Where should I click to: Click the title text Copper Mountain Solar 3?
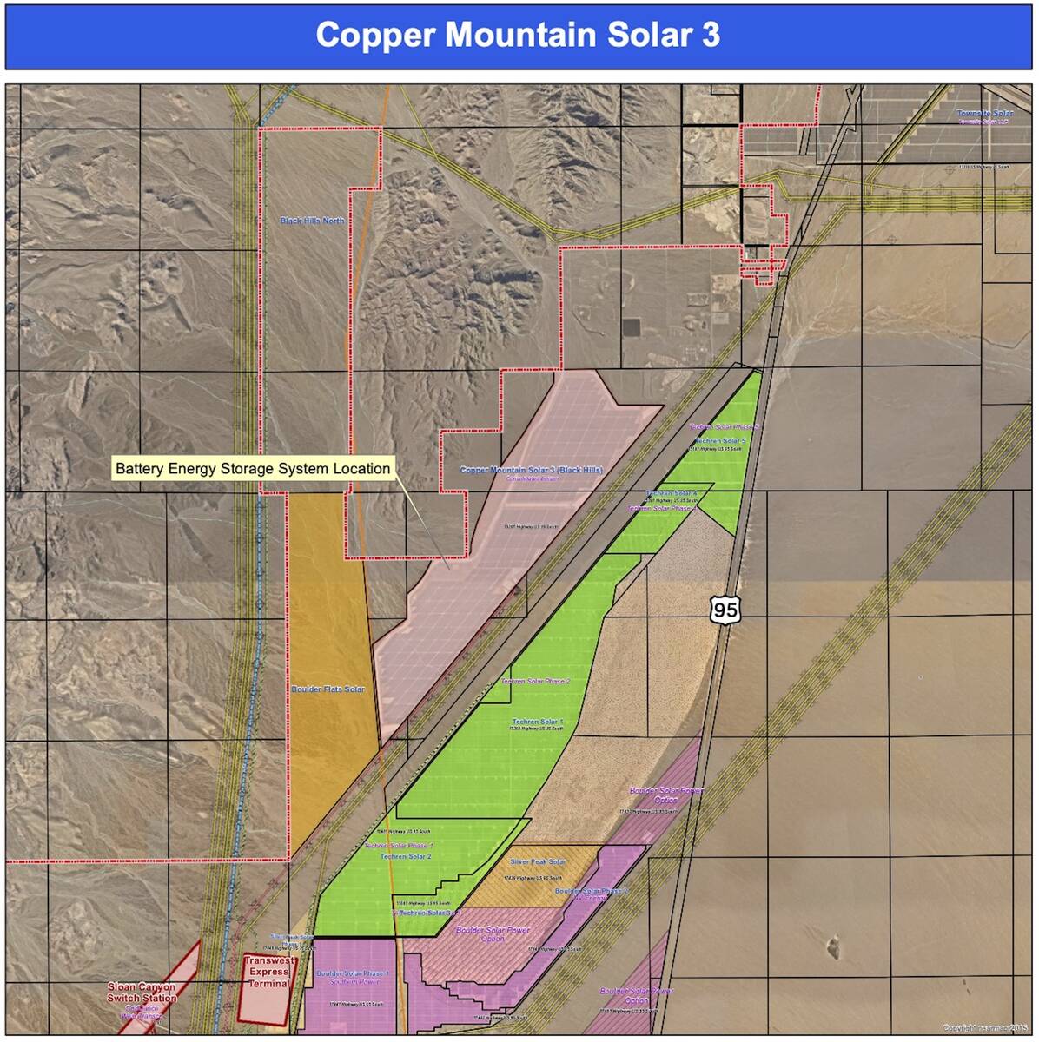[518, 35]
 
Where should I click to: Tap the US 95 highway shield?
[725, 610]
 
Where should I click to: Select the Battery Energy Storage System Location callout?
[253, 469]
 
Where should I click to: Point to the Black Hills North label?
[312, 221]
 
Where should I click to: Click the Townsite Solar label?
[985, 114]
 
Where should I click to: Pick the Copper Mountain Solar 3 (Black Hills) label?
[531, 470]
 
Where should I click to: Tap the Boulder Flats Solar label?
[328, 689]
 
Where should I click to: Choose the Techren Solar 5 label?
[719, 441]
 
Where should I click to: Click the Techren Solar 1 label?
[537, 722]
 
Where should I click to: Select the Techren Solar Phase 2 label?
[535, 682]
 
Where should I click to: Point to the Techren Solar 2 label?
[406, 856]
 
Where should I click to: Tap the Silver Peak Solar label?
[538, 862]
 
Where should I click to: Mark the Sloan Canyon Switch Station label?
[142, 993]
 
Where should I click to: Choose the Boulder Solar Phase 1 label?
[353, 973]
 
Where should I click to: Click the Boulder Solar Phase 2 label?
[592, 892]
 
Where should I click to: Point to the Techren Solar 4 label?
[671, 493]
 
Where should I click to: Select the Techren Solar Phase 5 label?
[725, 427]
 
